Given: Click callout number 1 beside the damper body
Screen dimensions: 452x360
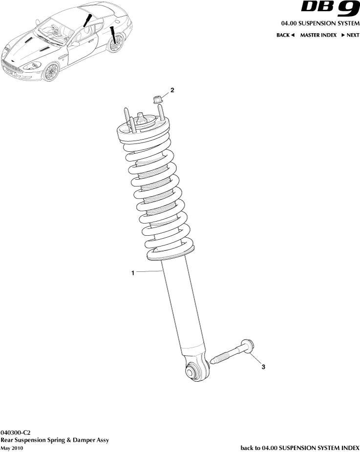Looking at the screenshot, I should click(132, 274).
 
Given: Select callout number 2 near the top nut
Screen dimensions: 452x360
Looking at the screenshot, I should click(172, 90).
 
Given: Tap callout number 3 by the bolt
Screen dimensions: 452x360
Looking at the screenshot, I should click(263, 367).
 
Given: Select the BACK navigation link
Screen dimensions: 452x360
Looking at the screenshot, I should click(285, 35).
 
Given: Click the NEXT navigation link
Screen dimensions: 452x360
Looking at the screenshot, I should click(350, 35).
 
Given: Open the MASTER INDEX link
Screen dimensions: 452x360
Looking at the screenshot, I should click(318, 35).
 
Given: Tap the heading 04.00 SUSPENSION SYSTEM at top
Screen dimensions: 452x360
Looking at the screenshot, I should click(320, 23).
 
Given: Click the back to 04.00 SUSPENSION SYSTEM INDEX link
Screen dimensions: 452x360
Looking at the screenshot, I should click(300, 447).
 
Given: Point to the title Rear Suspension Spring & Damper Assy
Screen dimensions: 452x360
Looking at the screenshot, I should click(54, 440).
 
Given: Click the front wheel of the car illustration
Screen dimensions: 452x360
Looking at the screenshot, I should click(50, 72).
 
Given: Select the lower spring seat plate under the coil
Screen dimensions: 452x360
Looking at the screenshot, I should click(170, 253).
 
